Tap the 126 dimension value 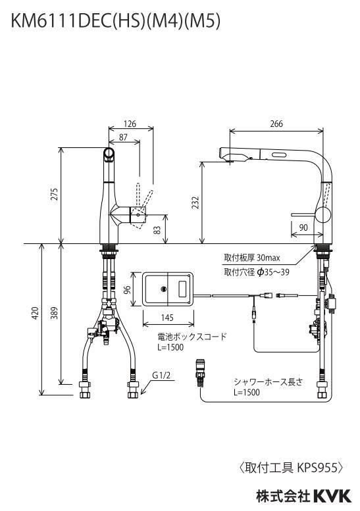click(130, 124)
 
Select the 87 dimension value click(123, 137)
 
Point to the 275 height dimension click(55, 194)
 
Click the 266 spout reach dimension click(276, 124)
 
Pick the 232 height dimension click(195, 203)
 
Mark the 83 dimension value click(157, 230)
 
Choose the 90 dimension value click(303, 228)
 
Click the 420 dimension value click(35, 313)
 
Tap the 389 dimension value click(55, 313)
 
